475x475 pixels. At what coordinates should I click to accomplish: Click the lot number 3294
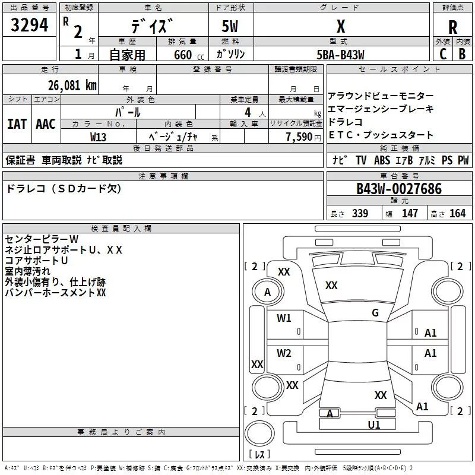click(x=30, y=26)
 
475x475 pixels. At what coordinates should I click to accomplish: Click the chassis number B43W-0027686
click(x=399, y=189)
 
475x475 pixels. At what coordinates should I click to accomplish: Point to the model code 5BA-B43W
click(x=341, y=55)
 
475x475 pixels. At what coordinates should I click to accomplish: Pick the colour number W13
click(x=99, y=137)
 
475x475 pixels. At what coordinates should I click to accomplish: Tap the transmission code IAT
click(x=17, y=123)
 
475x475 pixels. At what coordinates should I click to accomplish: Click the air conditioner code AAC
click(x=45, y=123)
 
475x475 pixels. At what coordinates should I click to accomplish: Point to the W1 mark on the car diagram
click(x=284, y=318)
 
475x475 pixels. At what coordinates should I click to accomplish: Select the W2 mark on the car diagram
click(x=284, y=353)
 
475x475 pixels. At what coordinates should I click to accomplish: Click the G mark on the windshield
click(x=375, y=313)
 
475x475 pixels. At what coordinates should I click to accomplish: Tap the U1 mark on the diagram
click(x=374, y=425)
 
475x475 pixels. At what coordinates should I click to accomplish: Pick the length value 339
click(x=359, y=213)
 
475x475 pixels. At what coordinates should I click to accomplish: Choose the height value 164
click(x=458, y=213)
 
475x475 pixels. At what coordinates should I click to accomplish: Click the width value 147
click(x=410, y=213)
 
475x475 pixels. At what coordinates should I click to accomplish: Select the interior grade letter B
click(x=462, y=53)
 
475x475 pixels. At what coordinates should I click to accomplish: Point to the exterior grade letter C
click(x=442, y=53)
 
